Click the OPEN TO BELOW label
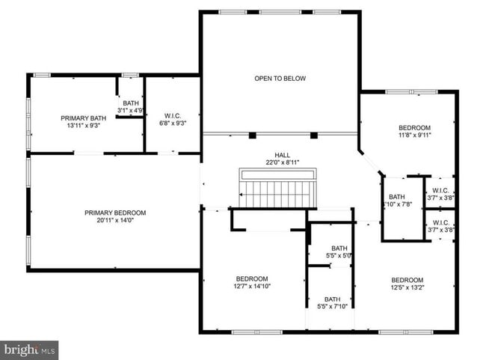pyautogui.click(x=280, y=79)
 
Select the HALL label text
pyautogui.click(x=281, y=154)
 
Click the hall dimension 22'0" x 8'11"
pyautogui.click(x=281, y=162)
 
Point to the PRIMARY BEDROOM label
pyautogui.click(x=114, y=213)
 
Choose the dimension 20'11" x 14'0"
pyautogui.click(x=114, y=221)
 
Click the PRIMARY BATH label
pyautogui.click(x=83, y=118)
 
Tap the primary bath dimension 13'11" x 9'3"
pyautogui.click(x=83, y=126)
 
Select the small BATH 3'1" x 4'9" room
pyautogui.click(x=131, y=107)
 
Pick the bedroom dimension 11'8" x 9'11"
pyautogui.click(x=414, y=135)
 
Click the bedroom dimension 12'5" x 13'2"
pyautogui.click(x=407, y=289)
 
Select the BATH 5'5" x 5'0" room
pyautogui.click(x=339, y=252)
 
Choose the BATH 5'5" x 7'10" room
pyautogui.click(x=332, y=302)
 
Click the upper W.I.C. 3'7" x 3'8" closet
pyautogui.click(x=440, y=194)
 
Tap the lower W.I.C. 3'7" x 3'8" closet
pyautogui.click(x=440, y=226)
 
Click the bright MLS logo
pyautogui.click(x=30, y=350)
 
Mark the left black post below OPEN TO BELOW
pyautogui.click(x=253, y=135)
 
